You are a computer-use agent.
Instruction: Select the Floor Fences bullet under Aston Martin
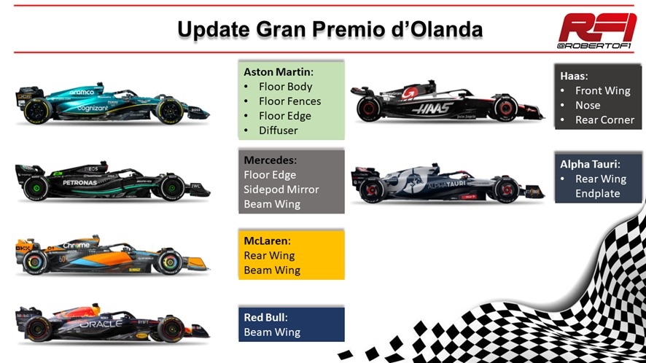289,101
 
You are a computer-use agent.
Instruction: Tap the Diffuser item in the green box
278,130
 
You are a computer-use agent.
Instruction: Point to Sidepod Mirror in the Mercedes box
281,190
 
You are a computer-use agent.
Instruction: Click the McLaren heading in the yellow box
267,241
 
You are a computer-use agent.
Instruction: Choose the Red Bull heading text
265,317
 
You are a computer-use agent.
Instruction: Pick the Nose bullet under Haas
588,106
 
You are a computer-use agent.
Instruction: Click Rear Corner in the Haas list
604,120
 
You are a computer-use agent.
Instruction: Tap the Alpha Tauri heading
590,164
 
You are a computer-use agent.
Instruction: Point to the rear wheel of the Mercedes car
36,188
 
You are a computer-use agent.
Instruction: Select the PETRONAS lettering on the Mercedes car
80,182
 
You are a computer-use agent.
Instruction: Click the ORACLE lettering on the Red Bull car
101,324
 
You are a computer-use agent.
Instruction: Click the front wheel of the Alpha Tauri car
506,190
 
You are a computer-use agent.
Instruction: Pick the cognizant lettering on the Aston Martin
93,109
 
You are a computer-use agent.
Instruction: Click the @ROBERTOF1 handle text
594,46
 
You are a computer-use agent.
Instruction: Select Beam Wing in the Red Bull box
272,332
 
